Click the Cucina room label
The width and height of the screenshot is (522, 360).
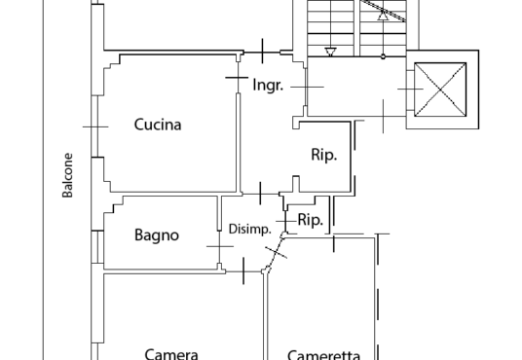(158, 125)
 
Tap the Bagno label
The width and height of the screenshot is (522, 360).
(157, 235)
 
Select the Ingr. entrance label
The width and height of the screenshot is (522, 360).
(268, 86)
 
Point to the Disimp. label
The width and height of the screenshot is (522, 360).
(249, 230)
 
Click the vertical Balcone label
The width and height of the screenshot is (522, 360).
(67, 175)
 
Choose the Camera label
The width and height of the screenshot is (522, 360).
(171, 354)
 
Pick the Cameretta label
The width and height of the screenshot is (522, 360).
(323, 355)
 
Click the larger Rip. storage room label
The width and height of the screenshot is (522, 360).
(324, 155)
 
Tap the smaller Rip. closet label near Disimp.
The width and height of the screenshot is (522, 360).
(311, 220)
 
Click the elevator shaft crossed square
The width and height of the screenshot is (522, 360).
(440, 90)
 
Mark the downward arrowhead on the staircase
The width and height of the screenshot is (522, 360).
(330, 52)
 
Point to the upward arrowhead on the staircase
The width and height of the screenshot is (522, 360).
(383, 16)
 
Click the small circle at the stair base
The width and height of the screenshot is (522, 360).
(383, 56)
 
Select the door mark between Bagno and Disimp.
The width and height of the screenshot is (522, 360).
(220, 246)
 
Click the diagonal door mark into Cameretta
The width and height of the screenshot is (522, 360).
(276, 252)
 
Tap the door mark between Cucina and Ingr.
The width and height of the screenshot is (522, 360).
(237, 78)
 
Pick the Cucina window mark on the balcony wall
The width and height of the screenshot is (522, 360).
(95, 126)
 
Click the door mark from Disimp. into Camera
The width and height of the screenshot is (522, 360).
(243, 270)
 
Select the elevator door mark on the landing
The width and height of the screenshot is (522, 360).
(410, 90)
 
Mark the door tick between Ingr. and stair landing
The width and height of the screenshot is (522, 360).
(307, 88)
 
